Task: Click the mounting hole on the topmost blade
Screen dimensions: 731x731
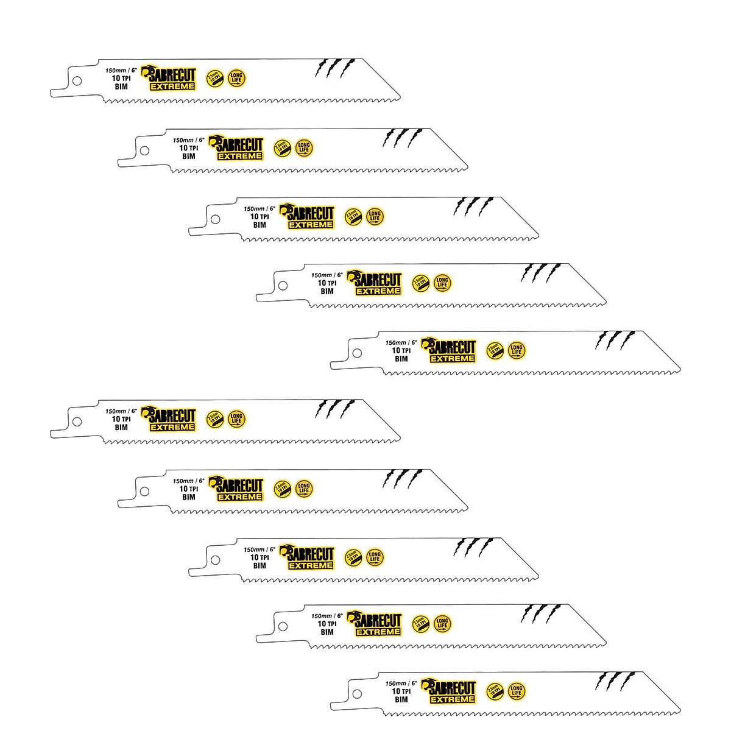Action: (x=77, y=80)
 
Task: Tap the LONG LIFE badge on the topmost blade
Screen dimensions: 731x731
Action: (x=236, y=78)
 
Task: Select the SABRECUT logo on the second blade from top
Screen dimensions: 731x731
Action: (x=239, y=144)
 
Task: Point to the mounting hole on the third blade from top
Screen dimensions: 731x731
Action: (x=215, y=219)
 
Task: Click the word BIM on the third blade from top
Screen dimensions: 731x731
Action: (x=260, y=225)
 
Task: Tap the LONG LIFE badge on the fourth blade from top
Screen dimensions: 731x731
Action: (x=442, y=282)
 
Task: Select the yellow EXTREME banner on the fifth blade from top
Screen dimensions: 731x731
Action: (x=453, y=359)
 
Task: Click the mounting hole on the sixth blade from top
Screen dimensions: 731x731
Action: (x=77, y=421)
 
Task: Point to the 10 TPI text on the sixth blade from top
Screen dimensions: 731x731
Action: (x=121, y=419)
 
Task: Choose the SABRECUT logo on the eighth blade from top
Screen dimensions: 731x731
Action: (x=311, y=553)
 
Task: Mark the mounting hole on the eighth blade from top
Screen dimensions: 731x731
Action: (x=215, y=559)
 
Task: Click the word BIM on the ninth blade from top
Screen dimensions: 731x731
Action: (x=327, y=632)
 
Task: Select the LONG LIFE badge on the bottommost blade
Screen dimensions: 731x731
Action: (x=517, y=690)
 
